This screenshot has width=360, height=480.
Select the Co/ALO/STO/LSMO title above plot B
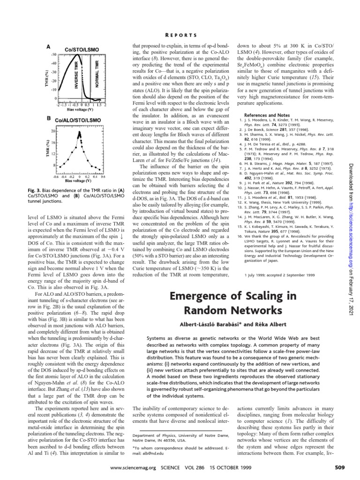(78, 120)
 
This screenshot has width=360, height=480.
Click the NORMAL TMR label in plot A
(97, 75)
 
